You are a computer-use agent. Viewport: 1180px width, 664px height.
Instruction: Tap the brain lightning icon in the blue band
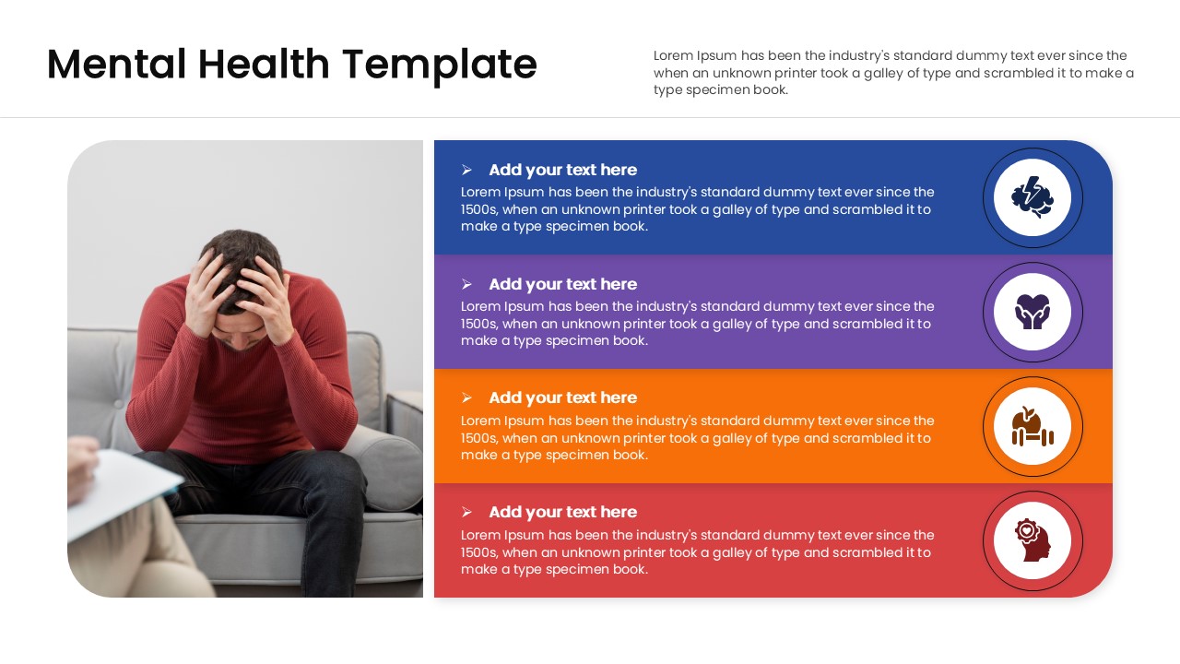click(x=1032, y=197)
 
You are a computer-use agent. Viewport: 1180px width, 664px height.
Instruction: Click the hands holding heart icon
click(x=1032, y=312)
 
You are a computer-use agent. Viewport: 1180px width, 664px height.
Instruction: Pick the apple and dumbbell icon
click(x=1032, y=426)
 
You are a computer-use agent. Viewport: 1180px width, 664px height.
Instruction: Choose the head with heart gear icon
click(x=1032, y=540)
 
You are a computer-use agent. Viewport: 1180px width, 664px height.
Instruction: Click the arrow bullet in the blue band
click(x=467, y=170)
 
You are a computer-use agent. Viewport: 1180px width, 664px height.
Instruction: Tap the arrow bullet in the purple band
click(x=467, y=284)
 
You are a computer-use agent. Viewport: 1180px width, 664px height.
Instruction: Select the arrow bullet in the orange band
click(x=467, y=397)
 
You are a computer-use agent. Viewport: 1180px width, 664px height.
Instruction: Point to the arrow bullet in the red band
click(x=467, y=512)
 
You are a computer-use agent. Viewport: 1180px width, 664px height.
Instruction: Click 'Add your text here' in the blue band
click(x=562, y=170)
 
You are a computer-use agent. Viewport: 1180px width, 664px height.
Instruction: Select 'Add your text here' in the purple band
click(x=562, y=284)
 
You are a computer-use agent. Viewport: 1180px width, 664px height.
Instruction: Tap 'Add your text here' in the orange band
click(x=562, y=397)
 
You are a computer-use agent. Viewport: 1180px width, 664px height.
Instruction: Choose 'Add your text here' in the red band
click(x=562, y=512)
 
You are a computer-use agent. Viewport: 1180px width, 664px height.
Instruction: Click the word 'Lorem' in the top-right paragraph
click(x=673, y=55)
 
